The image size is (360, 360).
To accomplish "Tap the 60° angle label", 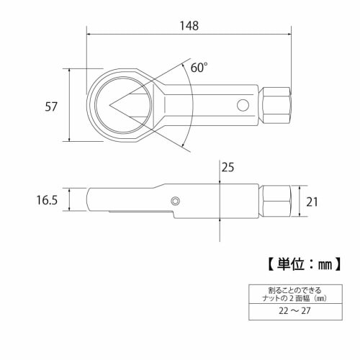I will point(199,67).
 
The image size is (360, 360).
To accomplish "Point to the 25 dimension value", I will point(228,168).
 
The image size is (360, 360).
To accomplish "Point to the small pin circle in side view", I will point(175,200).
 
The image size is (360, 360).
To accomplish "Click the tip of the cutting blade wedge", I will point(111,105).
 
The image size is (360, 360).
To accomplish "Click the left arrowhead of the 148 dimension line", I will point(89,34).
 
